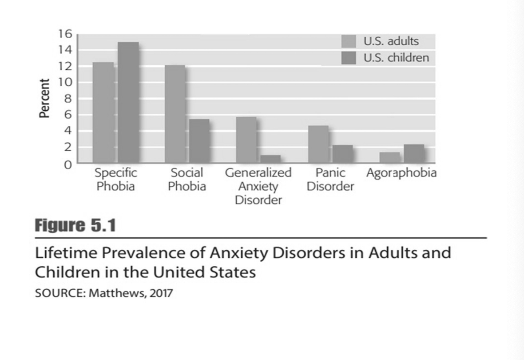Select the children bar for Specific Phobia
coord(128,102)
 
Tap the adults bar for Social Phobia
coord(175,114)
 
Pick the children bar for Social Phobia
coord(199,140)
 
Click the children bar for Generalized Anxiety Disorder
coord(270,159)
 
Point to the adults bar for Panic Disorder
coord(318,144)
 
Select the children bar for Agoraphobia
coord(414,153)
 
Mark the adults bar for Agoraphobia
coord(389,157)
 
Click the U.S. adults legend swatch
coord(349,41)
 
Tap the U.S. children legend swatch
coord(349,58)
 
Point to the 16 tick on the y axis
coord(64,34)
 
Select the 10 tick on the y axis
coord(64,83)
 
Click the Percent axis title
coord(44,98)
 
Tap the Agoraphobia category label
coord(401,173)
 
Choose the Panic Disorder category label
coord(330,180)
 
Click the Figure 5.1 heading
coord(75,226)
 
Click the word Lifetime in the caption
coord(67,253)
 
